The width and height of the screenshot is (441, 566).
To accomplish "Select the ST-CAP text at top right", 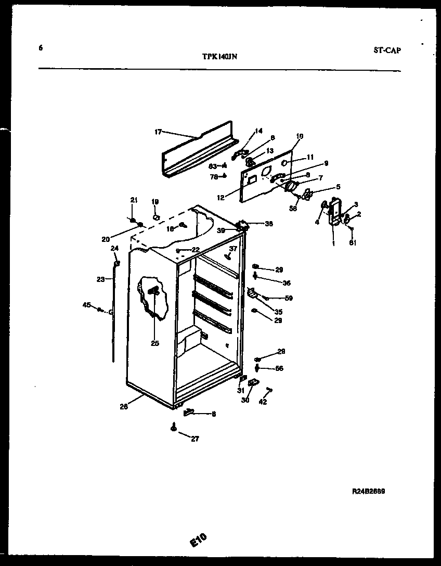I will (x=387, y=50).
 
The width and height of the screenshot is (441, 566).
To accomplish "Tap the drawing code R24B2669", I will (x=368, y=491).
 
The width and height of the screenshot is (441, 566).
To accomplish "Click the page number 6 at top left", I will (x=41, y=48).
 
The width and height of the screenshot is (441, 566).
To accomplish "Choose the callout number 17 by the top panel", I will (x=158, y=132).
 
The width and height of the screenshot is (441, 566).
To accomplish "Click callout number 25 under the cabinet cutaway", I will (x=155, y=343).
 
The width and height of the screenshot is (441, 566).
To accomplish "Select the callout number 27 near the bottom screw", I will (x=194, y=439).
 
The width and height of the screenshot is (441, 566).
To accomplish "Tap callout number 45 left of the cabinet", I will (x=87, y=305).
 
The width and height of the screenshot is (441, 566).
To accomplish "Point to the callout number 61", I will (x=353, y=242).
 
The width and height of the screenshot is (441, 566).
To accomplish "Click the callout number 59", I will (x=289, y=298).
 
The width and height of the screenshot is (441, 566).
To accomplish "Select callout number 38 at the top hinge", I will (x=268, y=224).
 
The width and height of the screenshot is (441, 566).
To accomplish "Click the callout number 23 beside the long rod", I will (x=100, y=279).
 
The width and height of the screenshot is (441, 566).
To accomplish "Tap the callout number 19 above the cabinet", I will (x=155, y=201).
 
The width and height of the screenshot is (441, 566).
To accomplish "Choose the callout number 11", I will (x=310, y=157).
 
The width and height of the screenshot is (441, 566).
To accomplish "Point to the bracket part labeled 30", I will (x=253, y=382).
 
